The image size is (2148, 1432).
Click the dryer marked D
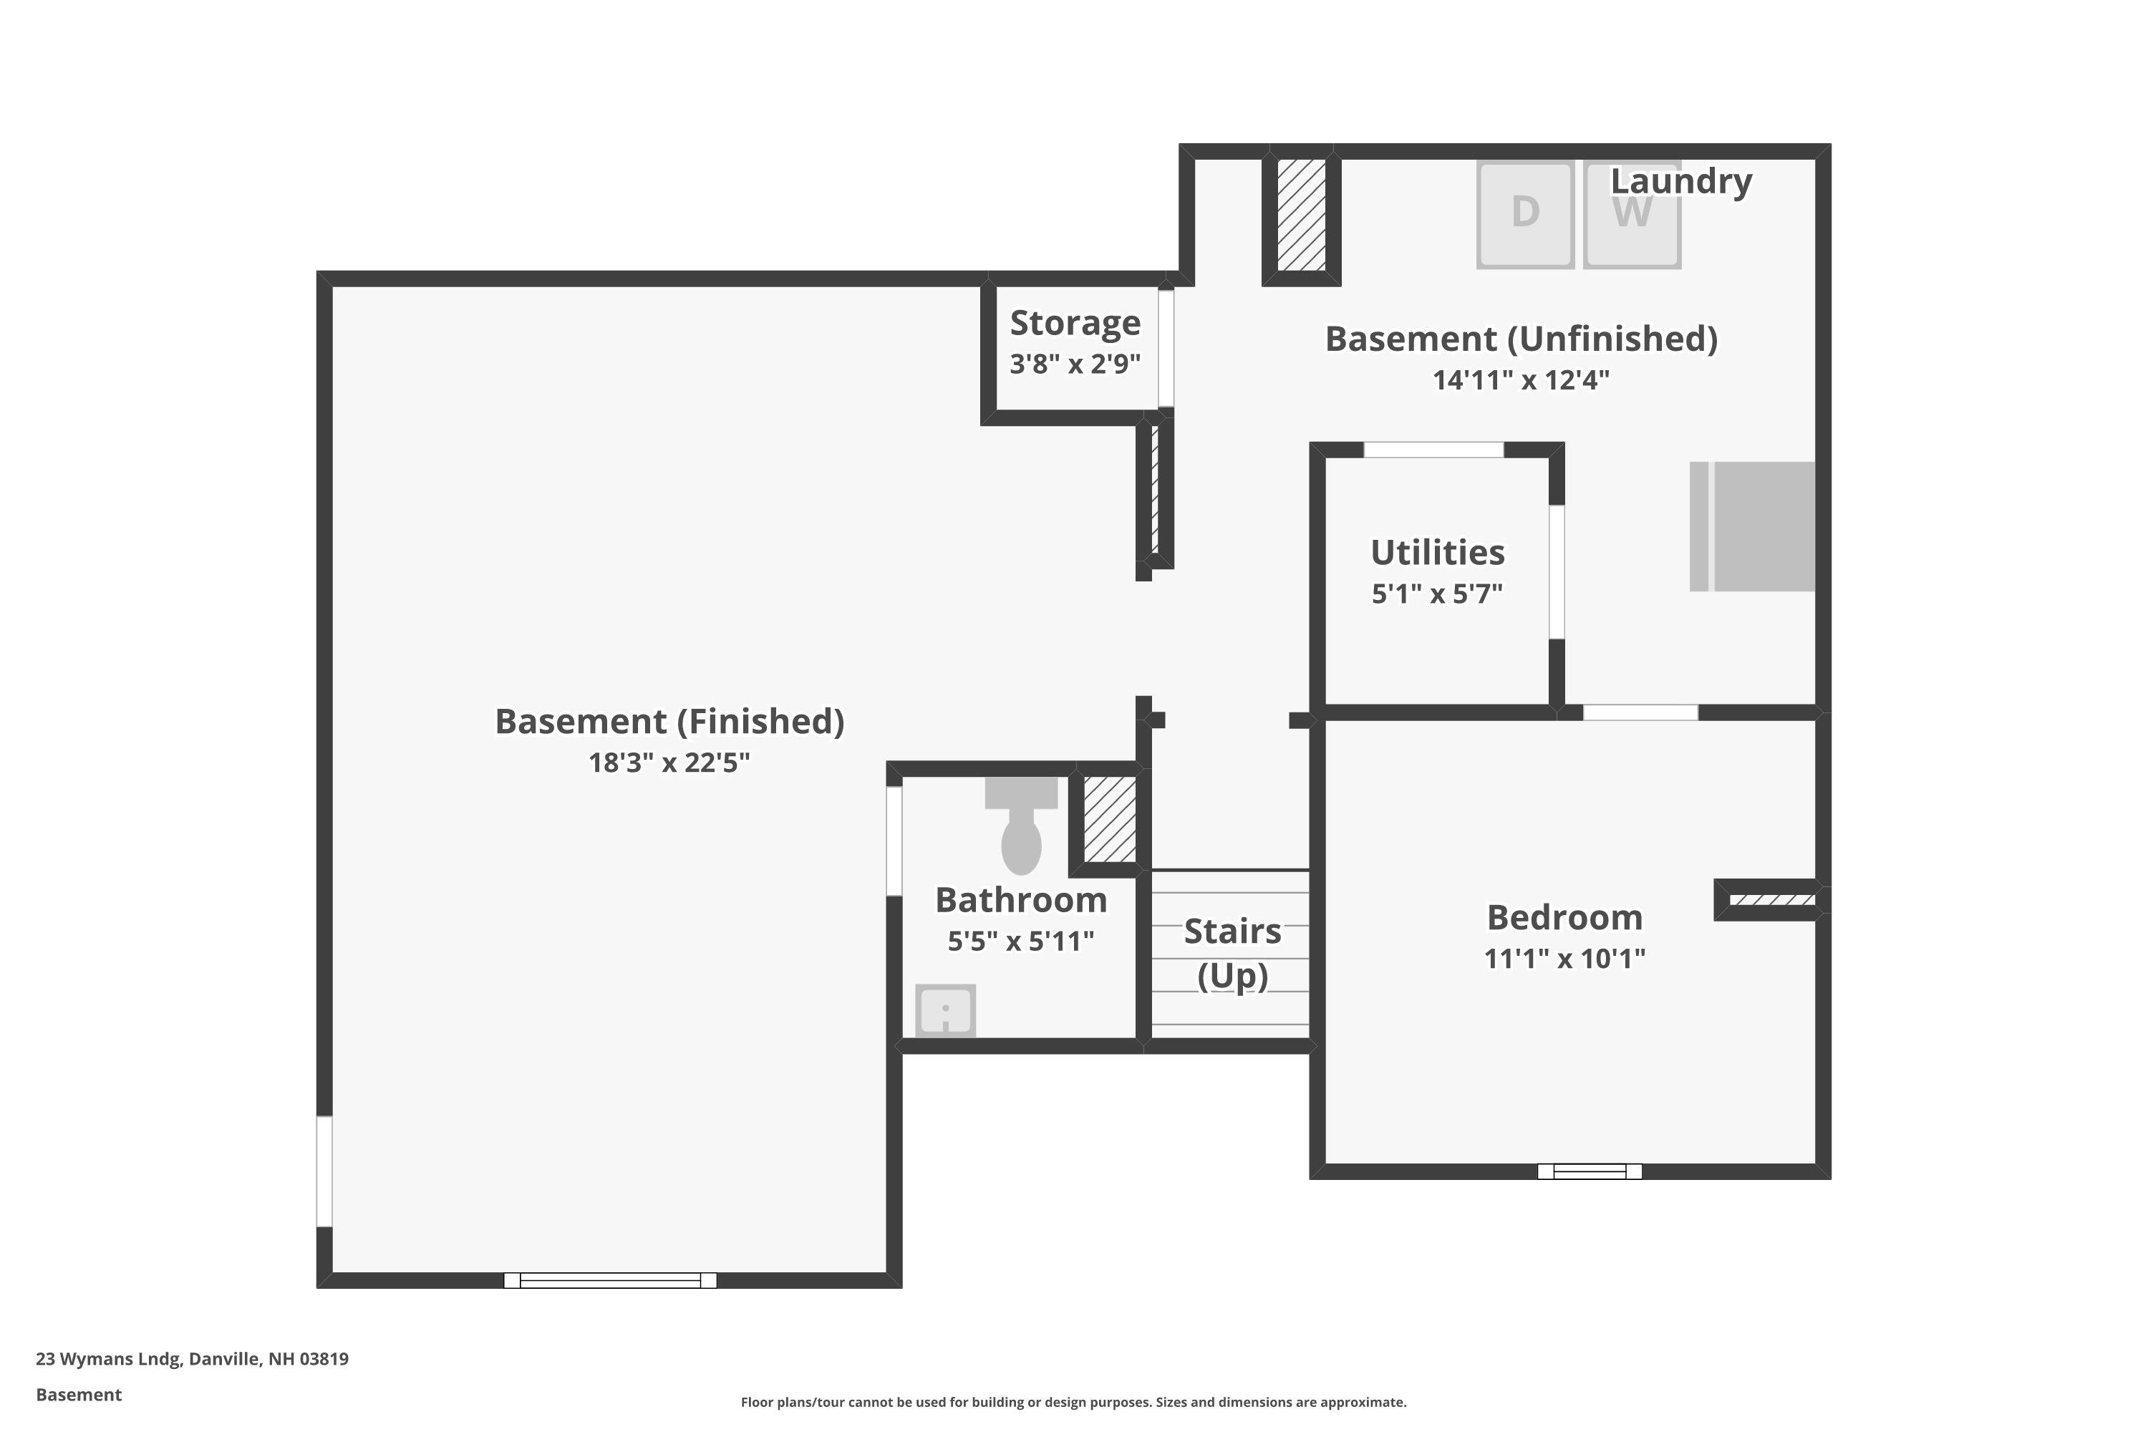(x=1524, y=215)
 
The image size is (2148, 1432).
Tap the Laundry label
(x=1680, y=181)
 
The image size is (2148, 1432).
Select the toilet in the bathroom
(x=1021, y=826)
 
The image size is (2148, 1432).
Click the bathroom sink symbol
(x=945, y=1010)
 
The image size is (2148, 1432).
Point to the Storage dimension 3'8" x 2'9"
(x=1075, y=364)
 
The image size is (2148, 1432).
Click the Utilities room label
(x=1438, y=553)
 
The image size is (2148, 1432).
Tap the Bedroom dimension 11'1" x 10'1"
(x=1564, y=959)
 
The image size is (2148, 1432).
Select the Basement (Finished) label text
(x=669, y=722)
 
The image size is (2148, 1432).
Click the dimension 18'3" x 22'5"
(x=669, y=763)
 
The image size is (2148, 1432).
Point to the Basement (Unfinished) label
(x=1521, y=339)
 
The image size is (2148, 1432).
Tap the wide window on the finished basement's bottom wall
(x=610, y=1280)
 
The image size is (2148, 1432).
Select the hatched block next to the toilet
(x=1110, y=819)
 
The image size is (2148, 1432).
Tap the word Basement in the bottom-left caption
(x=79, y=1395)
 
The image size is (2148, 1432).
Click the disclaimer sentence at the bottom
(x=1073, y=1402)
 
